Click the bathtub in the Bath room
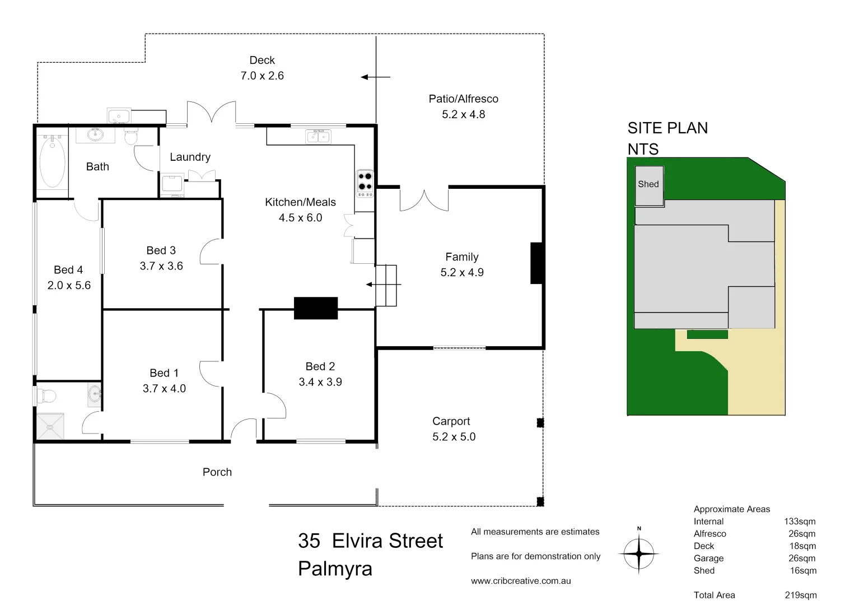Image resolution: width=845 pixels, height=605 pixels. point(52,162)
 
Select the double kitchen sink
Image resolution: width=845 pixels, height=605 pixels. point(318,136)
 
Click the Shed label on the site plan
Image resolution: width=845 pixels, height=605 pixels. point(648,184)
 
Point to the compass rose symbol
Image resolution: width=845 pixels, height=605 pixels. point(639,553)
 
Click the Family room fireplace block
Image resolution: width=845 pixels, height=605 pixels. point(536,263)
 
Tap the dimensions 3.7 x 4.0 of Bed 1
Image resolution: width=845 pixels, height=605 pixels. point(164,389)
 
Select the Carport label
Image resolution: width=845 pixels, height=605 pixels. point(451,421)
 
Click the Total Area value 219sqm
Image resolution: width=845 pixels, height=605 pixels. point(800,595)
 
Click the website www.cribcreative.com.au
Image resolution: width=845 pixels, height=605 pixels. point(521,581)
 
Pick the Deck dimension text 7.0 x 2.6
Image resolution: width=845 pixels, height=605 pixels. point(262,76)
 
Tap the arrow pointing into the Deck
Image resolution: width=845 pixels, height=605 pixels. point(375,77)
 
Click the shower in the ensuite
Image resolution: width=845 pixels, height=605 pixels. point(50,426)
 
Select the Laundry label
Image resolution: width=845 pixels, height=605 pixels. point(190,157)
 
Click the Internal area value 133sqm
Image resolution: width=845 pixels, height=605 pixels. point(800,522)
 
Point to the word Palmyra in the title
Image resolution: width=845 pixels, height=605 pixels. point(335,569)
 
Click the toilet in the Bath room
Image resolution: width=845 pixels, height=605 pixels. point(131,136)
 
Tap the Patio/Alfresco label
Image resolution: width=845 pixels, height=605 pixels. point(463,99)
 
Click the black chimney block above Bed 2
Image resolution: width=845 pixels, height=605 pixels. point(316,308)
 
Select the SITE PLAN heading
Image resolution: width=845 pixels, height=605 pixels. point(667,128)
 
